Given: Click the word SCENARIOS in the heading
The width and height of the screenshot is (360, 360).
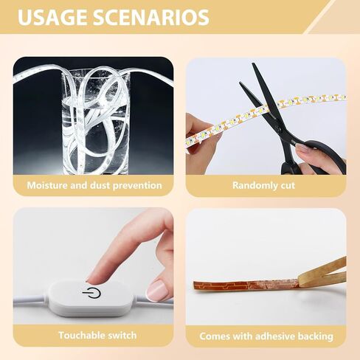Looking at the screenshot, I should click(150, 18).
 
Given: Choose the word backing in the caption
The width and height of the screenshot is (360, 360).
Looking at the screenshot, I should click(315, 336).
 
